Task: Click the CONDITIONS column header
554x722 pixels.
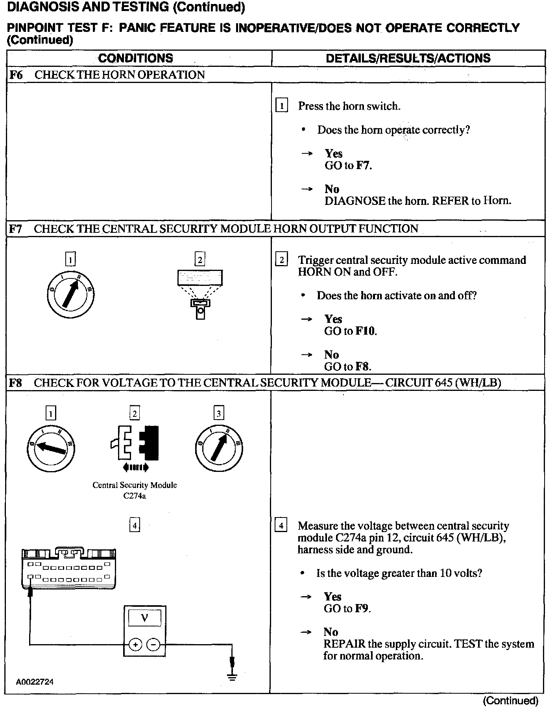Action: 135,58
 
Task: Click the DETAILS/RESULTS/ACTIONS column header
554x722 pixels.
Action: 408,58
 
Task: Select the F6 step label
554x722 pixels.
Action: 16,75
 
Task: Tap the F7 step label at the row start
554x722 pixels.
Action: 15,228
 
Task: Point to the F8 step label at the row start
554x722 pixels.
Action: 15,383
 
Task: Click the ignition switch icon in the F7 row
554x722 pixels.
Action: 70,295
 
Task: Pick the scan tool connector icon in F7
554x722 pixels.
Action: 200,293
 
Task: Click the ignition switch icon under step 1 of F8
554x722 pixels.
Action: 51,448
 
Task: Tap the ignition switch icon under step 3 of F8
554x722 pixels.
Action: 218,448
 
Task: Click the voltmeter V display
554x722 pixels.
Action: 144,619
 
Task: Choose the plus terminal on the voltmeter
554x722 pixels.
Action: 135,645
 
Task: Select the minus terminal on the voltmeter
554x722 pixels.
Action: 153,645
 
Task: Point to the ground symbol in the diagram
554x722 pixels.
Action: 233,677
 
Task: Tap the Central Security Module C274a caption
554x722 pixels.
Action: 135,490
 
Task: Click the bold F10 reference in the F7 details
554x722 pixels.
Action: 366,331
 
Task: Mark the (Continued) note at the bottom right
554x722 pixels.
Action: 510,700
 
